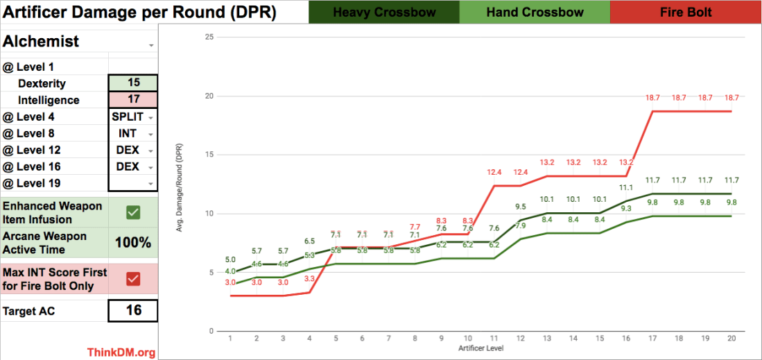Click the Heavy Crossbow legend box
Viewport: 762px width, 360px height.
[383, 12]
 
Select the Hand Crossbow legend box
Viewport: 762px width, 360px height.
[534, 12]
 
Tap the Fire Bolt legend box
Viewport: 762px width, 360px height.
[686, 12]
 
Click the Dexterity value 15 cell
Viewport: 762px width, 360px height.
[133, 83]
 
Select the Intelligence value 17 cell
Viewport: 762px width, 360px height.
[133, 100]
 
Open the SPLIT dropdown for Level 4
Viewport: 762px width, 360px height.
[133, 117]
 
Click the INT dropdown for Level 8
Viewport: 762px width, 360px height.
[133, 133]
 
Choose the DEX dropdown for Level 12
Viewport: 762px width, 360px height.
[133, 150]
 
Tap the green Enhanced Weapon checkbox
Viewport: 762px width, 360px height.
[133, 212]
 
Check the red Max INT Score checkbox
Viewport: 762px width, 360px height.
[133, 278]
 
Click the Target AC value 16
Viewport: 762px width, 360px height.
[133, 311]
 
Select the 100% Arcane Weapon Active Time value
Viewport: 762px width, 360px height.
[133, 243]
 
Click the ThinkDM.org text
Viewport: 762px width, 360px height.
[121, 352]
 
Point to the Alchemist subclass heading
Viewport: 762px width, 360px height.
[42, 42]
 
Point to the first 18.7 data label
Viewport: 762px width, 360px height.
[652, 98]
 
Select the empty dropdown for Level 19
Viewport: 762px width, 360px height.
[133, 183]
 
